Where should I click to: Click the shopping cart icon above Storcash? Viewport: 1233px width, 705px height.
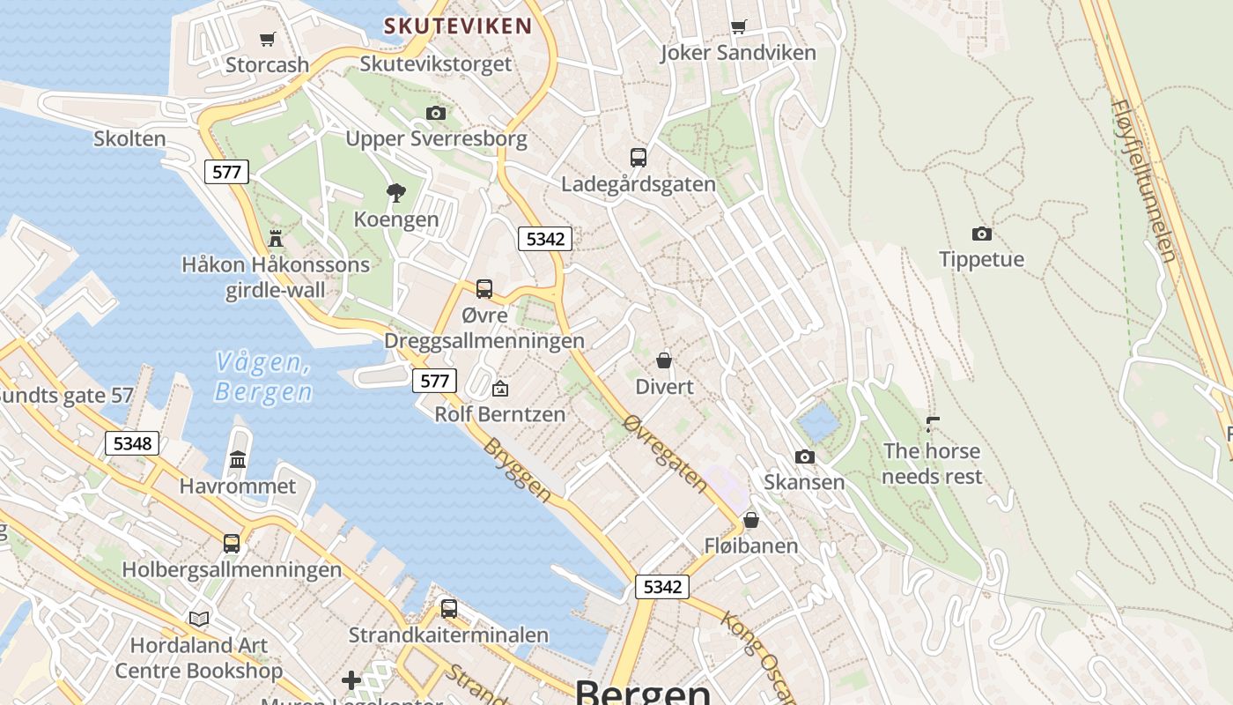pyautogui.click(x=268, y=39)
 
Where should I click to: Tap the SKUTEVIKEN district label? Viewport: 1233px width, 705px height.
pyautogui.click(x=458, y=26)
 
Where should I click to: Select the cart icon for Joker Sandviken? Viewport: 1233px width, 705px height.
pyautogui.click(x=738, y=27)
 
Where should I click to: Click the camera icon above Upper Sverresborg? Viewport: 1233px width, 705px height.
pyautogui.click(x=435, y=113)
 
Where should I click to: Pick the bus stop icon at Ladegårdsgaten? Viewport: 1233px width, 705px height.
pyautogui.click(x=639, y=158)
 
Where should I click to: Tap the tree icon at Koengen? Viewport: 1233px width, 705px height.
pyautogui.click(x=396, y=192)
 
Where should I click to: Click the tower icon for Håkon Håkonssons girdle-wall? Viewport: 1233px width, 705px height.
pyautogui.click(x=276, y=238)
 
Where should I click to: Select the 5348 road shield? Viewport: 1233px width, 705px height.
pyautogui.click(x=132, y=443)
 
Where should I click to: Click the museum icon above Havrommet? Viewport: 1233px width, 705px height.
pyautogui.click(x=238, y=459)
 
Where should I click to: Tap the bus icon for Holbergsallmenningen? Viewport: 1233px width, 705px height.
pyautogui.click(x=232, y=543)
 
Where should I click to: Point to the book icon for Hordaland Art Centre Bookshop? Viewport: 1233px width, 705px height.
pyautogui.click(x=200, y=619)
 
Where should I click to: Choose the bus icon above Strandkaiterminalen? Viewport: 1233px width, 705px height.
pyautogui.click(x=448, y=608)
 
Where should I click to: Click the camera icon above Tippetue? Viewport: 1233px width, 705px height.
pyautogui.click(x=981, y=234)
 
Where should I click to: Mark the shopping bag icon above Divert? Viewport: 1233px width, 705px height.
pyautogui.click(x=664, y=360)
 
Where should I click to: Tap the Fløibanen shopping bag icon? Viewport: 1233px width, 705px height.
pyautogui.click(x=751, y=520)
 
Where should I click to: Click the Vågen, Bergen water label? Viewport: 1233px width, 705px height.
pyautogui.click(x=263, y=376)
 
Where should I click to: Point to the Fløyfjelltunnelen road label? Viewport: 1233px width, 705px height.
pyautogui.click(x=1144, y=180)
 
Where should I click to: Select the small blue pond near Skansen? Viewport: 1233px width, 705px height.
pyautogui.click(x=818, y=422)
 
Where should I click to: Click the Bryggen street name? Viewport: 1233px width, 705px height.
pyautogui.click(x=517, y=470)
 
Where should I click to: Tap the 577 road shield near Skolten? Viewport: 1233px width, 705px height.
pyautogui.click(x=227, y=172)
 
